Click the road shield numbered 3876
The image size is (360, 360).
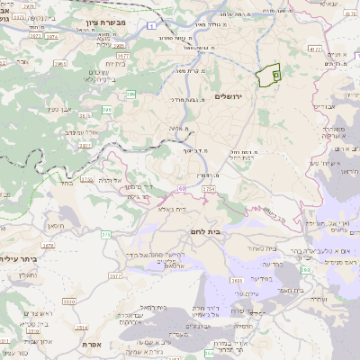86,179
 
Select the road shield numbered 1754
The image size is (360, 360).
209,190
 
